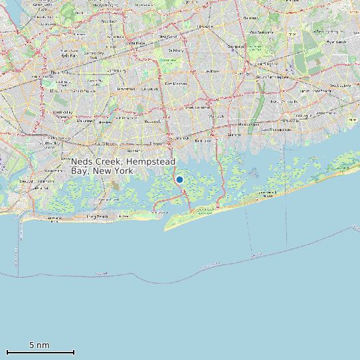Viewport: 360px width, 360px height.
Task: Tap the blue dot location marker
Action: point(179,179)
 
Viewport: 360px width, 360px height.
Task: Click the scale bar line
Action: point(40,352)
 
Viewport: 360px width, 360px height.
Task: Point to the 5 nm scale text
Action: point(39,345)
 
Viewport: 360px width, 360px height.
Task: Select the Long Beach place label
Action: point(97,217)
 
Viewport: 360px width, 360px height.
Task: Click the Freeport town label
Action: point(157,143)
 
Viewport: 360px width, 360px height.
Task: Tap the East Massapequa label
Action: point(275,130)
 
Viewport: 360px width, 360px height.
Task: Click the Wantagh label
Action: point(217,117)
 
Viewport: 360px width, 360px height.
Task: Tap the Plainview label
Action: point(237,46)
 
